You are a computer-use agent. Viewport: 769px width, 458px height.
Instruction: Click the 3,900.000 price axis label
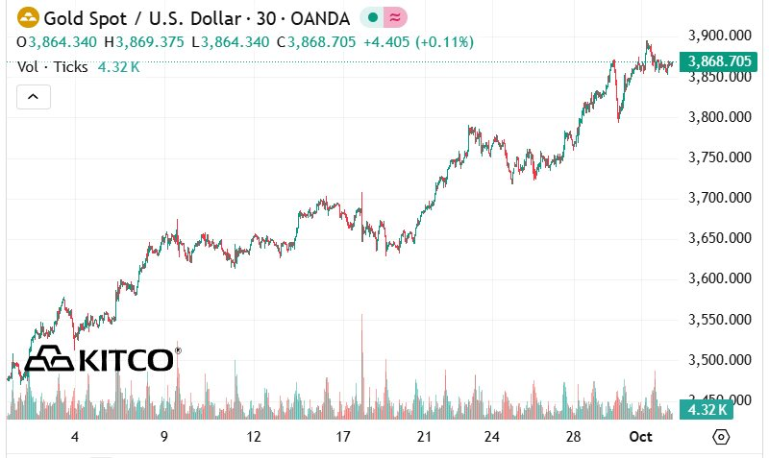click(x=718, y=36)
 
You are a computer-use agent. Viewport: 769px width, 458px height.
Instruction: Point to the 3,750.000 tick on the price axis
click(x=718, y=157)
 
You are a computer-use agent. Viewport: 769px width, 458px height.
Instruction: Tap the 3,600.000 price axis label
click(x=718, y=278)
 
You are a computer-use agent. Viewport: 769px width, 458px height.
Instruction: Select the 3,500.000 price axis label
click(x=718, y=360)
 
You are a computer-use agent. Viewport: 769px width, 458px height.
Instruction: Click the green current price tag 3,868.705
click(x=717, y=61)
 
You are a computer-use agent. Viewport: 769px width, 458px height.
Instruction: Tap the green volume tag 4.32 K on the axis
click(x=707, y=410)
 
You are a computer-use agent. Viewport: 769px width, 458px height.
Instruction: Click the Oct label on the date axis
click(x=641, y=437)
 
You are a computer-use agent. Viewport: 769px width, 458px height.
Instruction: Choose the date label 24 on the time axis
click(x=492, y=437)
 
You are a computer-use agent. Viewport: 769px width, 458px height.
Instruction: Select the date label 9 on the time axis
click(x=164, y=437)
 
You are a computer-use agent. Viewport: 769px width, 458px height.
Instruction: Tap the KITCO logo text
click(x=125, y=360)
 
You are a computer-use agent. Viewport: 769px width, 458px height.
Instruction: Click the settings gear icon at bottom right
click(x=722, y=437)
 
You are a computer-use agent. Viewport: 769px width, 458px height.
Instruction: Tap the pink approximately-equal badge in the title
click(x=395, y=17)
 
